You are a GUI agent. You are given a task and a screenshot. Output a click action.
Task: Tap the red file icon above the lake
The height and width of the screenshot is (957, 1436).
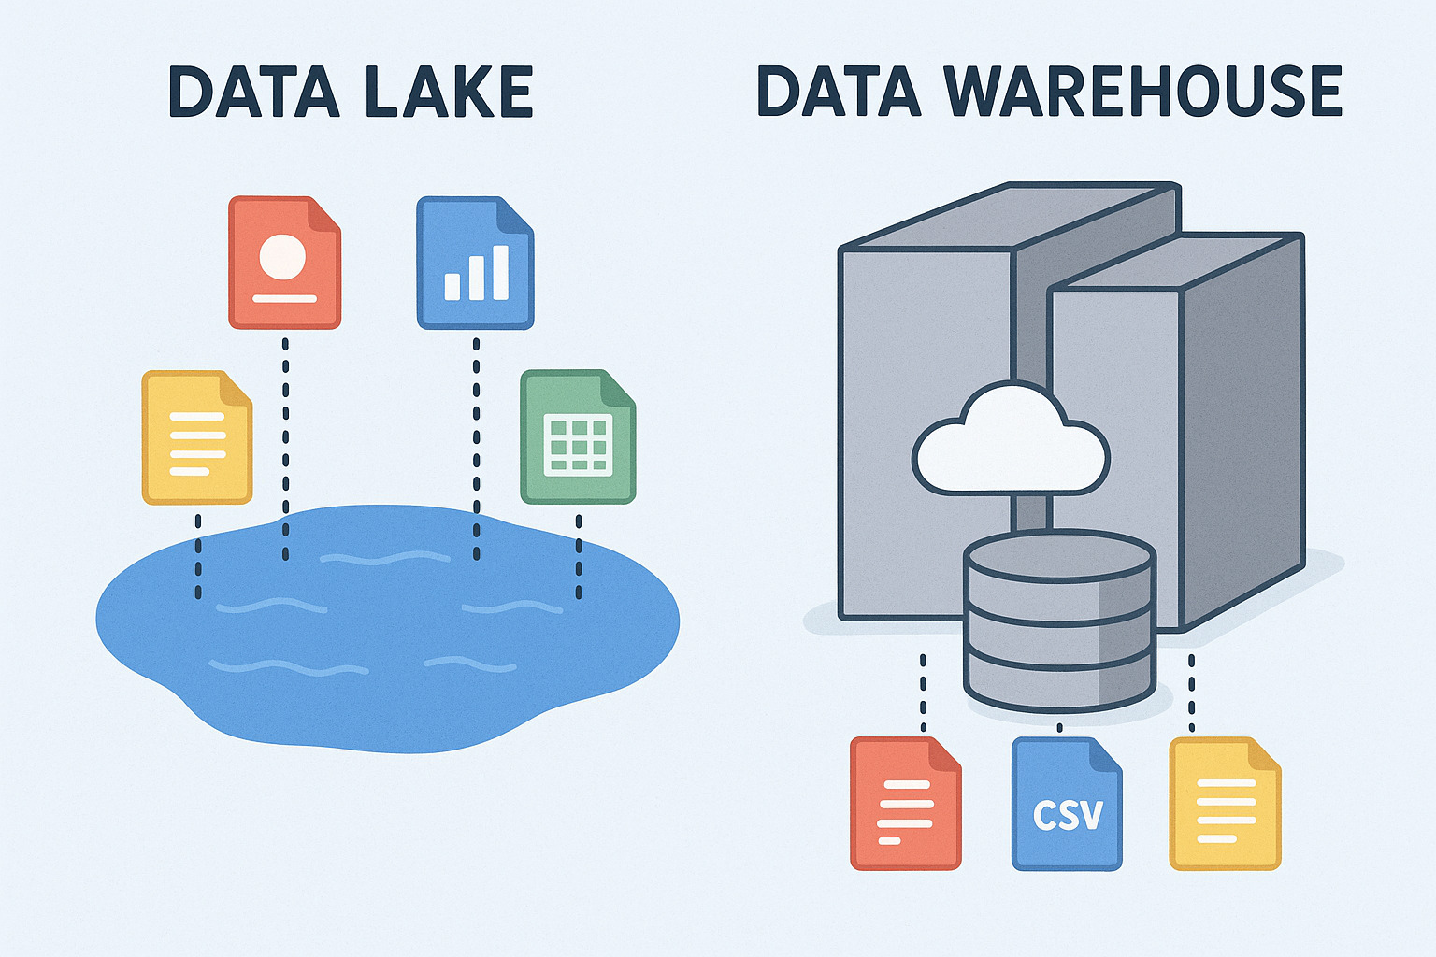tap(284, 263)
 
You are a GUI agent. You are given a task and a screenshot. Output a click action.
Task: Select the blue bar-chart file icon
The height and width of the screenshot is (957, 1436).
tap(475, 263)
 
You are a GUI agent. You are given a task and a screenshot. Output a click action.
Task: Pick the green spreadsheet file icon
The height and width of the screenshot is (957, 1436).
tap(578, 437)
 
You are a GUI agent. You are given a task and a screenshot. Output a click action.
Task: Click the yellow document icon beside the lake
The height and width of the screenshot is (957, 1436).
tap(196, 437)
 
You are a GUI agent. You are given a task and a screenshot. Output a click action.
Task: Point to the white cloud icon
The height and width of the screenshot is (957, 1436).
tap(1010, 441)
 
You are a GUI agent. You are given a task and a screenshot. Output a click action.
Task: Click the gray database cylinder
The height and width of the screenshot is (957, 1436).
tap(1059, 621)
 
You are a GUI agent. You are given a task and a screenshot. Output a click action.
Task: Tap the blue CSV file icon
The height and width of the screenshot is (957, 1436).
tap(1067, 805)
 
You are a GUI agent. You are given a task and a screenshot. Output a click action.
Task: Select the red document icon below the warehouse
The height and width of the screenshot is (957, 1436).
tap(905, 805)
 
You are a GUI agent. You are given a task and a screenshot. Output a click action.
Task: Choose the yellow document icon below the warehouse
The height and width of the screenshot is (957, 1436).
tap(1225, 805)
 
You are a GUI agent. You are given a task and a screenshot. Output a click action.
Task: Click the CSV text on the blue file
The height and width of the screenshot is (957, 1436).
tap(1068, 815)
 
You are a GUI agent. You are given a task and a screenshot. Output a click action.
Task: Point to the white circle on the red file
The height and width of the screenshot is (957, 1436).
tap(283, 255)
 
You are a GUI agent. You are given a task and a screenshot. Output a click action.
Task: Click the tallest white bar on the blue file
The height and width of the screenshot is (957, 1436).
tap(500, 271)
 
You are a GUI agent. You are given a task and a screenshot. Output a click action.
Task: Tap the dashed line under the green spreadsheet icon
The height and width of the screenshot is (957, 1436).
tap(579, 557)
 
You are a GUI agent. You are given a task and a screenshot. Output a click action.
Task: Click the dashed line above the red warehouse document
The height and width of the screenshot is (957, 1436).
tap(923, 692)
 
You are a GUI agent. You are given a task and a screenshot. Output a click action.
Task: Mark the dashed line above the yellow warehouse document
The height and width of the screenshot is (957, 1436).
tap(1191, 692)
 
